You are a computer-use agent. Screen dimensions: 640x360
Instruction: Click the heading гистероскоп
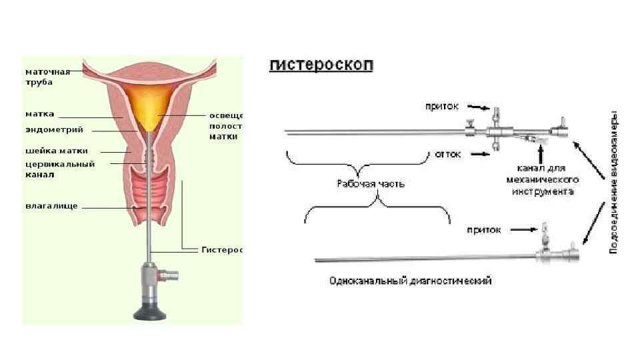point(322,65)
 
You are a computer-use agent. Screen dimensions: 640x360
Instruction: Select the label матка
point(40,114)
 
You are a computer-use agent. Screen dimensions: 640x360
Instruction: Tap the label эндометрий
point(50,129)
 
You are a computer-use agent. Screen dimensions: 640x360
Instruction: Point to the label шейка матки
point(56,151)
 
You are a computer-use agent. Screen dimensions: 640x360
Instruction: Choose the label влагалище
point(51,206)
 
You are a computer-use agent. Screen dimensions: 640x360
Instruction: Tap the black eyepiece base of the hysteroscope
point(152,310)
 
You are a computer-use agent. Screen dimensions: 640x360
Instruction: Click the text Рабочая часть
point(361,183)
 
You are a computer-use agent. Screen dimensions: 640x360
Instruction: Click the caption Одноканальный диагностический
point(411,281)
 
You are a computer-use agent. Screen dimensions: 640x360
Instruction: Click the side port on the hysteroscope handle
point(172,273)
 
